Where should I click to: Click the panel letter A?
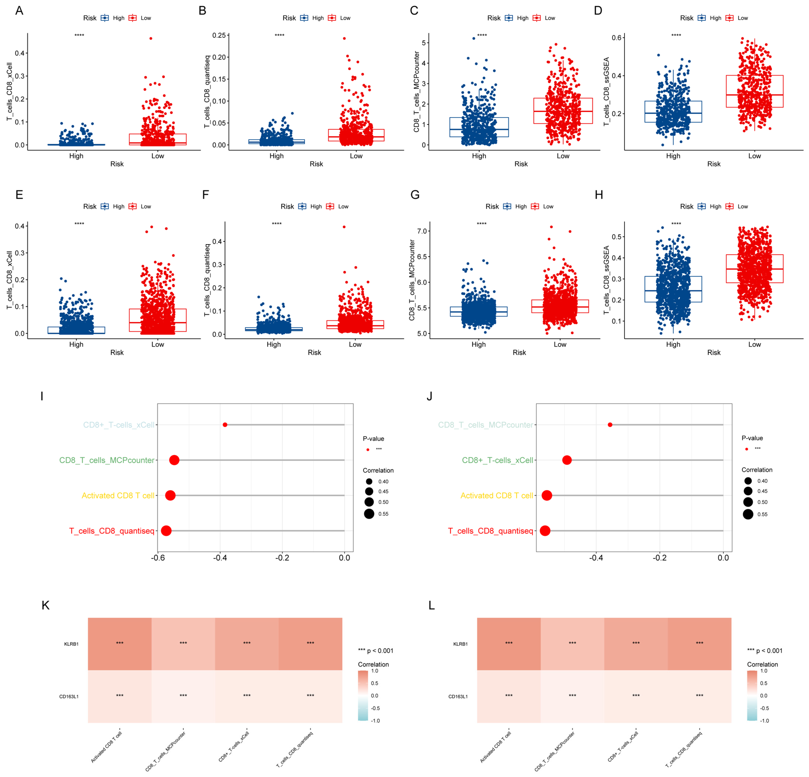pos(19,11)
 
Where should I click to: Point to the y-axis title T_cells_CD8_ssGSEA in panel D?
pos(606,92)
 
